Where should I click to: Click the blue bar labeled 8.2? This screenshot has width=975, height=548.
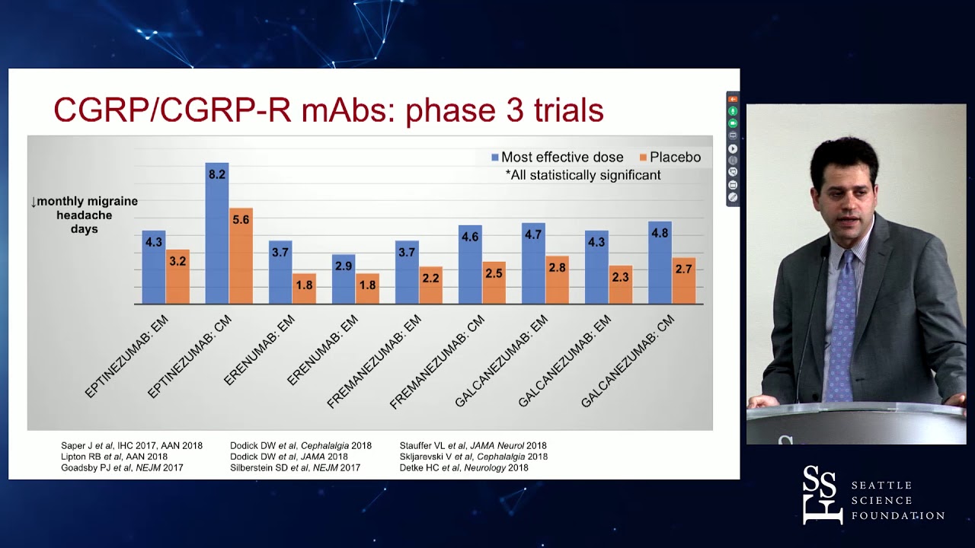217,236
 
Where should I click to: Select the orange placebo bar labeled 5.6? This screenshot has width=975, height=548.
241,259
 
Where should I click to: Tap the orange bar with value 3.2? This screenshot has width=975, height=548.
177,278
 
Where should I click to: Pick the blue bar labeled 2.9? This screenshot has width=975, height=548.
344,280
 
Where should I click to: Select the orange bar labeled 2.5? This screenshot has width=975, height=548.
494,284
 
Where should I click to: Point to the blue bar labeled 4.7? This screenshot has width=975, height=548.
533,264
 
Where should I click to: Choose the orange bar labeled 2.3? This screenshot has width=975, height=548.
620,286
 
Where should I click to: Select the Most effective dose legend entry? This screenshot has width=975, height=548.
558,158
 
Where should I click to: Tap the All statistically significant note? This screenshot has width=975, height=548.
583,175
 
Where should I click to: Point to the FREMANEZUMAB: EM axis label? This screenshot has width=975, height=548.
373,362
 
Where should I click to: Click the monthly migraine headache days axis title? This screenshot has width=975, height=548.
84,215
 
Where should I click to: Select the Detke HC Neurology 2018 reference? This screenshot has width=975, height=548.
463,467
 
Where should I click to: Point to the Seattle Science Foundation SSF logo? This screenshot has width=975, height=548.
822,495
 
